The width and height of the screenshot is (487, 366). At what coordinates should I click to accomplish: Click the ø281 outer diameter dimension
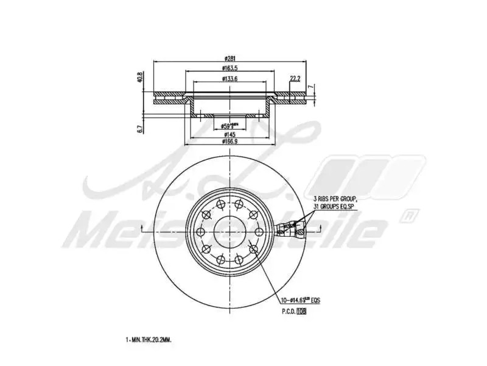pyautogui.click(x=229, y=59)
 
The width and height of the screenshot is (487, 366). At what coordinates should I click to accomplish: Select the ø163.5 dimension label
pyautogui.click(x=229, y=69)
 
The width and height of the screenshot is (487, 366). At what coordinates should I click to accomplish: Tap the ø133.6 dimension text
pyautogui.click(x=229, y=79)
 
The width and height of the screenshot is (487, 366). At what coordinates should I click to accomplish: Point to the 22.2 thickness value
pyautogui.click(x=295, y=79)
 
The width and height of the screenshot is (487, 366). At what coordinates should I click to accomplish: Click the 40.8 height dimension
pyautogui.click(x=139, y=77)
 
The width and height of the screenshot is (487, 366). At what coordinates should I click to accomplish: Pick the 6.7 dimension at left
pyautogui.click(x=139, y=128)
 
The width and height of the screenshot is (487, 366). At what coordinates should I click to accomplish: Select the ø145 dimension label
pyautogui.click(x=229, y=134)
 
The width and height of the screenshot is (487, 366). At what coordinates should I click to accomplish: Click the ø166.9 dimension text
pyautogui.click(x=229, y=142)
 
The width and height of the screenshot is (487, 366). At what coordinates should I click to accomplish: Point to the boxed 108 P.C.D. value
pyautogui.click(x=301, y=311)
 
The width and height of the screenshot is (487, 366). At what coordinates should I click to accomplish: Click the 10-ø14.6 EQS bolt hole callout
pyautogui.click(x=300, y=301)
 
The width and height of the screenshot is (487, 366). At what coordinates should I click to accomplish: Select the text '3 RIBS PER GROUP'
pyautogui.click(x=335, y=199)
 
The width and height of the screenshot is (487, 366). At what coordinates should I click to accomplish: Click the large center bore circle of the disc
pyautogui.click(x=229, y=230)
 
